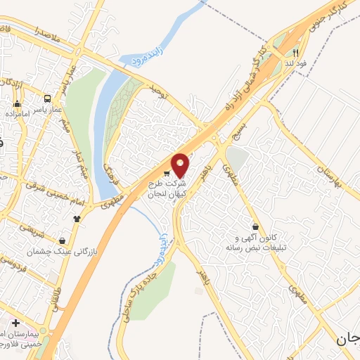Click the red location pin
pyautogui.click(x=181, y=165)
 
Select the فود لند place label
pyautogui.click(x=296, y=63)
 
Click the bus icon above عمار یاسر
pyautogui.click(x=47, y=99)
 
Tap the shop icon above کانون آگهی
pyautogui.click(x=255, y=227)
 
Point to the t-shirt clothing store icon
pyautogui.click(x=76, y=219)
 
